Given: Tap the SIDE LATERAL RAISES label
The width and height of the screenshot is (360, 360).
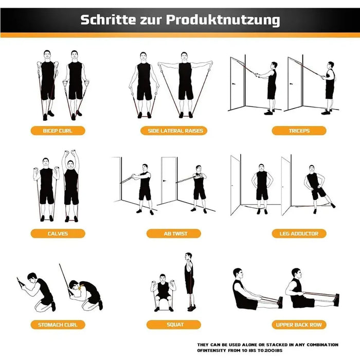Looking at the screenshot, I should point(172,131).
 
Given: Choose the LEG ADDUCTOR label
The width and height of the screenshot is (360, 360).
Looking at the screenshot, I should point(299,233).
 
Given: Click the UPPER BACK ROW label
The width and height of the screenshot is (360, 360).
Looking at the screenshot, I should point(299,325).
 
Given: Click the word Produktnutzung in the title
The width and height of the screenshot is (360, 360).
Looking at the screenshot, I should point(223,20).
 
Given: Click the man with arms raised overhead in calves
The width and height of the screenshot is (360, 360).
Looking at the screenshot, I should point(71,185).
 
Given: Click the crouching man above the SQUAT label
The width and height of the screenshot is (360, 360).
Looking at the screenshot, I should point(163,293).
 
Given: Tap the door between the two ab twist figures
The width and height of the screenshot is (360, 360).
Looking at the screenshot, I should point(169,180).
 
